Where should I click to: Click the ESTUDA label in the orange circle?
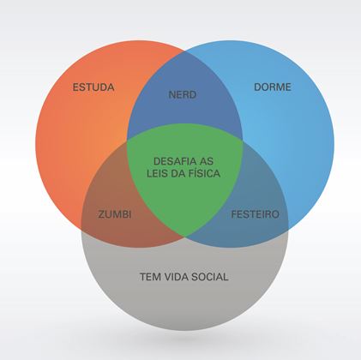pos(93,87)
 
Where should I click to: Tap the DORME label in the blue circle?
pos(273,87)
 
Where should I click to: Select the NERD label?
pos(183,94)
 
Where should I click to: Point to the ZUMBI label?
pos(115,214)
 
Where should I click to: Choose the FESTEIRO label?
pos(255,214)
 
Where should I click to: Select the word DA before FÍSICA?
pos(175,173)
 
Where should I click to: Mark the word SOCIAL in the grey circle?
pos(209,277)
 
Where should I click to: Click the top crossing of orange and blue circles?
pos(184,52)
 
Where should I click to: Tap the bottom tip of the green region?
pos(184,237)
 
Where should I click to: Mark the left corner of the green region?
pos(127,140)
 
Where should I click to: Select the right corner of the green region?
pos(243,140)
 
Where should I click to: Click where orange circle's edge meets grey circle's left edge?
pos(81,227)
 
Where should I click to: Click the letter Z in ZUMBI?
pos(101,214)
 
